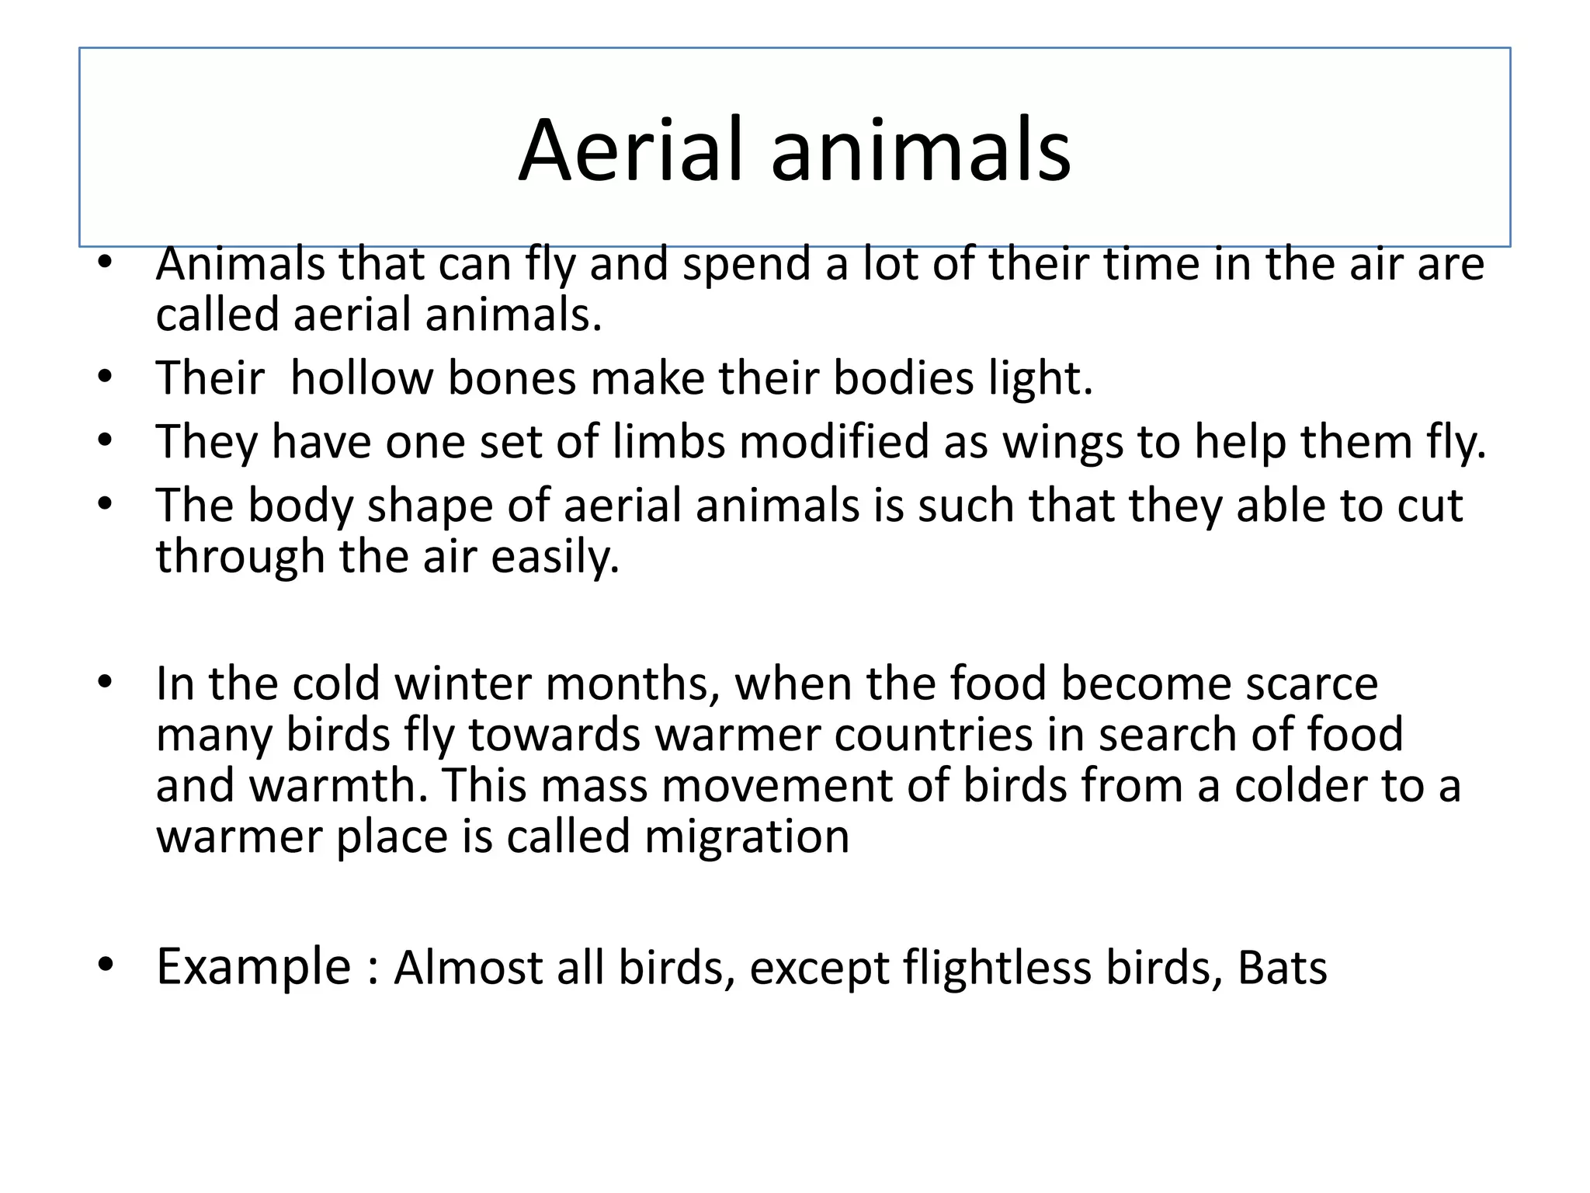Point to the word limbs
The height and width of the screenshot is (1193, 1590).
pos(668,442)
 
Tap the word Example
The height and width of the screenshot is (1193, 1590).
pos(254,968)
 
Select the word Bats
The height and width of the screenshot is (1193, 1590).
pos(1282,968)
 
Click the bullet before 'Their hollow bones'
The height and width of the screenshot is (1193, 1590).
pos(106,378)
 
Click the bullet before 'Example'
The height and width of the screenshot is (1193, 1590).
pos(106,965)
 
